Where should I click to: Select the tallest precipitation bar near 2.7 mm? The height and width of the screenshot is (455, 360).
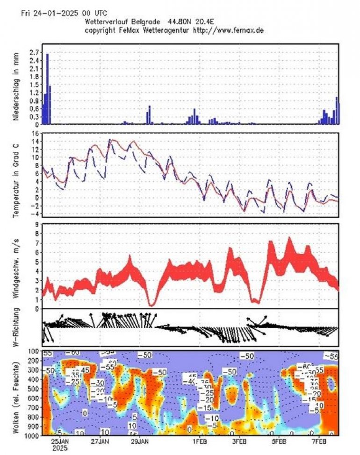pyautogui.click(x=47, y=89)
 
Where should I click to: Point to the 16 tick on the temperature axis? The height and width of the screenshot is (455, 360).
pyautogui.click(x=35, y=134)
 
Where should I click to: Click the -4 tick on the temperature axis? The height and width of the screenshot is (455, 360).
pyautogui.click(x=35, y=213)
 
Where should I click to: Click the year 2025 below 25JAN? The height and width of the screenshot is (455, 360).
pyautogui.click(x=60, y=448)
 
